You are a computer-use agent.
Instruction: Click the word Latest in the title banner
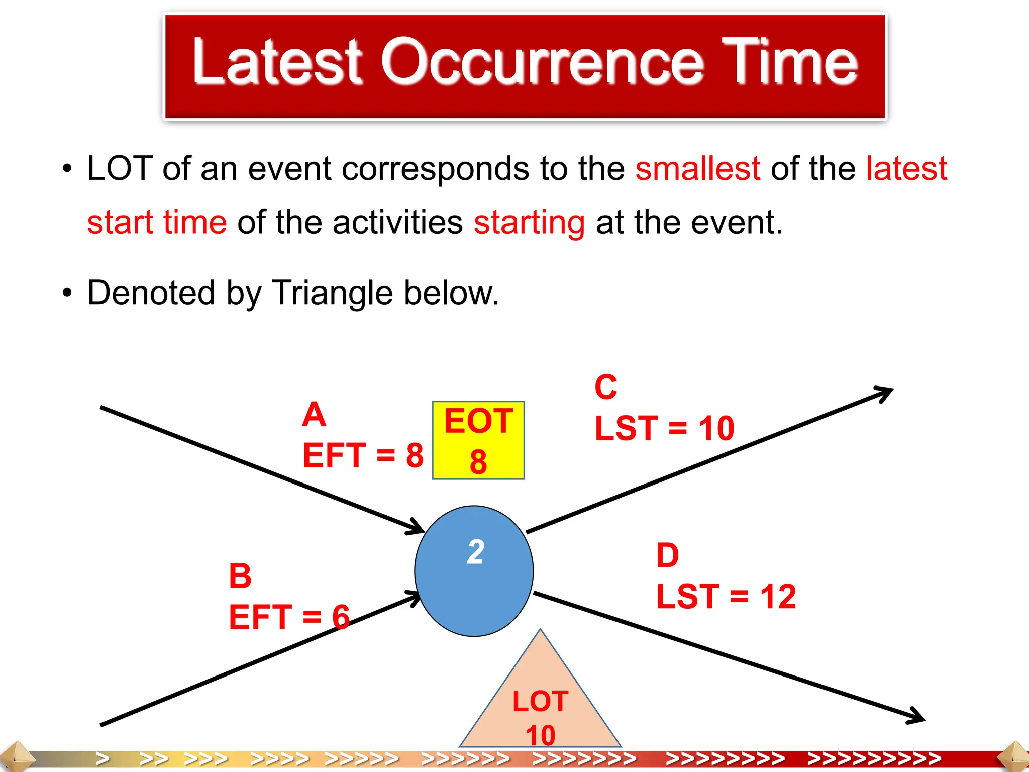coord(277,63)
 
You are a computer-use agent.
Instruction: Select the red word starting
coord(529,223)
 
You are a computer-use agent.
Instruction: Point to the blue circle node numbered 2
coord(474,571)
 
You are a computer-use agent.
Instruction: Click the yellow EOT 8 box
coord(478,440)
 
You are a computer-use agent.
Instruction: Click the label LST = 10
coord(664,428)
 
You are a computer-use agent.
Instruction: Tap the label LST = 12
coord(726,597)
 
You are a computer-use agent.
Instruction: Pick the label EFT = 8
coord(363,455)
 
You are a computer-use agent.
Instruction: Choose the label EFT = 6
coord(289,617)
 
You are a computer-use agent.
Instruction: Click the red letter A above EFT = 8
coord(314,415)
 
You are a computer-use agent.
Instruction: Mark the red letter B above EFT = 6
coord(240,576)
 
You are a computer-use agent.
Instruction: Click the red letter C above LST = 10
coord(605,388)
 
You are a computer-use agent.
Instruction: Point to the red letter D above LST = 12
coord(667,556)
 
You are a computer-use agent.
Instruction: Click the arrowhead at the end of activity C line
coord(887,392)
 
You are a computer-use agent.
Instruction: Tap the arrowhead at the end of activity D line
coord(919,718)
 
